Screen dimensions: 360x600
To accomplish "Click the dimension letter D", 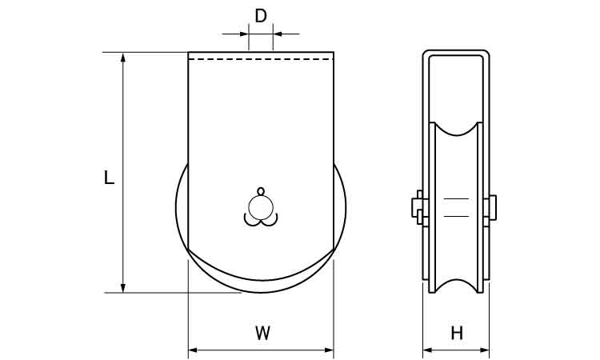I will tap(260, 15).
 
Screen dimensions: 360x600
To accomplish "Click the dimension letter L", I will tap(110, 178).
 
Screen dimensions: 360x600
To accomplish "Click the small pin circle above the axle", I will tap(260, 191).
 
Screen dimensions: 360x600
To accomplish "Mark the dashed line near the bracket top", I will tap(261, 59).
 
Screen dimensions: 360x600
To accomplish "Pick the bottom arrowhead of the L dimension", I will tap(123, 287).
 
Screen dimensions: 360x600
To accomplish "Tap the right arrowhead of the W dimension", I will tap(329, 350).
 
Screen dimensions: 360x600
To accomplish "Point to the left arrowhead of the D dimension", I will tap(244, 34).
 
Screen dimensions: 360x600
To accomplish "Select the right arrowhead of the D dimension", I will tap(277, 34).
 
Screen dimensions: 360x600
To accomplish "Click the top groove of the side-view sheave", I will tap(456, 132).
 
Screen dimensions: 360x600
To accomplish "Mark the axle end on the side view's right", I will tap(493, 206).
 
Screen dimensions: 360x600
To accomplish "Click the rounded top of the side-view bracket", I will tap(456, 52).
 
